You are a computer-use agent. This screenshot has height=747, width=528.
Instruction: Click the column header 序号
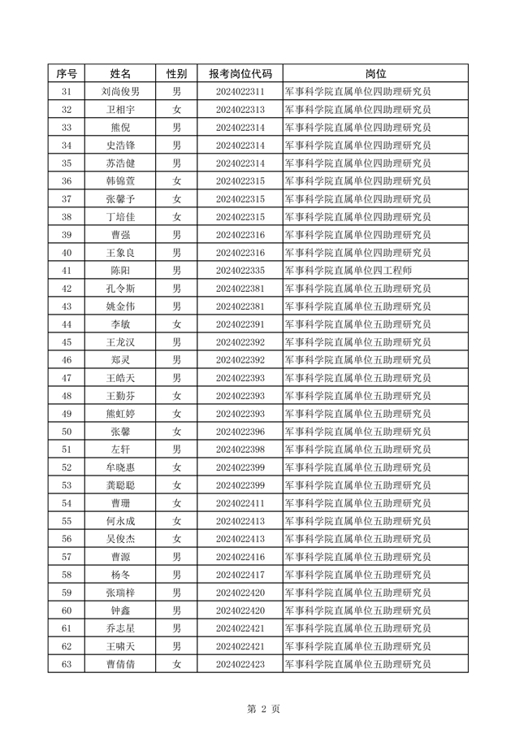(67, 73)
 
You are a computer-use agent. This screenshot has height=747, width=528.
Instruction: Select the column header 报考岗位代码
(240, 73)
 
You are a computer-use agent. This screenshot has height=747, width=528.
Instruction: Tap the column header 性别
(176, 73)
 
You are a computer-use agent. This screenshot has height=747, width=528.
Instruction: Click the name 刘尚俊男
(120, 92)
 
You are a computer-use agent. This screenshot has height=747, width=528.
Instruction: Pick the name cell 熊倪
(120, 128)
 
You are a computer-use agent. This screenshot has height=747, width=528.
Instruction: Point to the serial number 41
(67, 271)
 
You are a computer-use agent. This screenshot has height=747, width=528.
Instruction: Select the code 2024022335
(240, 271)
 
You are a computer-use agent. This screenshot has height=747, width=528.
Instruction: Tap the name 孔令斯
(120, 289)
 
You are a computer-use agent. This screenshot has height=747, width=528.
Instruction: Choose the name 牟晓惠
(120, 467)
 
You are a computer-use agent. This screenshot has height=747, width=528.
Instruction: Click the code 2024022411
(240, 503)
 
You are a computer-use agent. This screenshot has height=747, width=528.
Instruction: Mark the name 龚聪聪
(120, 485)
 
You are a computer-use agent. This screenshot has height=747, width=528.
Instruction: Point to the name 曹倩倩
(120, 664)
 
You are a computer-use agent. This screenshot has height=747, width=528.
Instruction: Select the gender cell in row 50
(176, 432)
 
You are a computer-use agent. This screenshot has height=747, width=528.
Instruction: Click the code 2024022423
(240, 664)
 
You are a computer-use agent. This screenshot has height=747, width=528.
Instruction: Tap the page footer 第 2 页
(263, 709)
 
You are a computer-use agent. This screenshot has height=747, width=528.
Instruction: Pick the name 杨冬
(120, 575)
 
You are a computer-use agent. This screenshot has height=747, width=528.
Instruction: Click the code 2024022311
(240, 92)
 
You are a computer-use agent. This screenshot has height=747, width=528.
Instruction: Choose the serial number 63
(67, 664)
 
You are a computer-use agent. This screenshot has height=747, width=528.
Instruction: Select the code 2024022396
(240, 432)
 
